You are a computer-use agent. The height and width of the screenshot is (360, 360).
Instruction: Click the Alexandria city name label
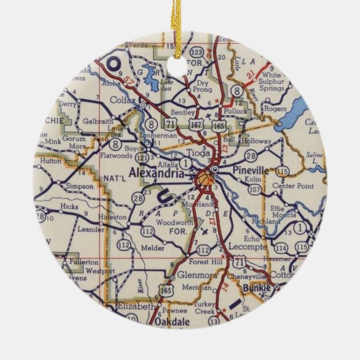[x=157, y=174]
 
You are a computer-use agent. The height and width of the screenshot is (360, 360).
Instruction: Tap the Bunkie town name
[x=257, y=288]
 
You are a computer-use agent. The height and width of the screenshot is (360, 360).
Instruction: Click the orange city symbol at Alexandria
[x=204, y=178]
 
